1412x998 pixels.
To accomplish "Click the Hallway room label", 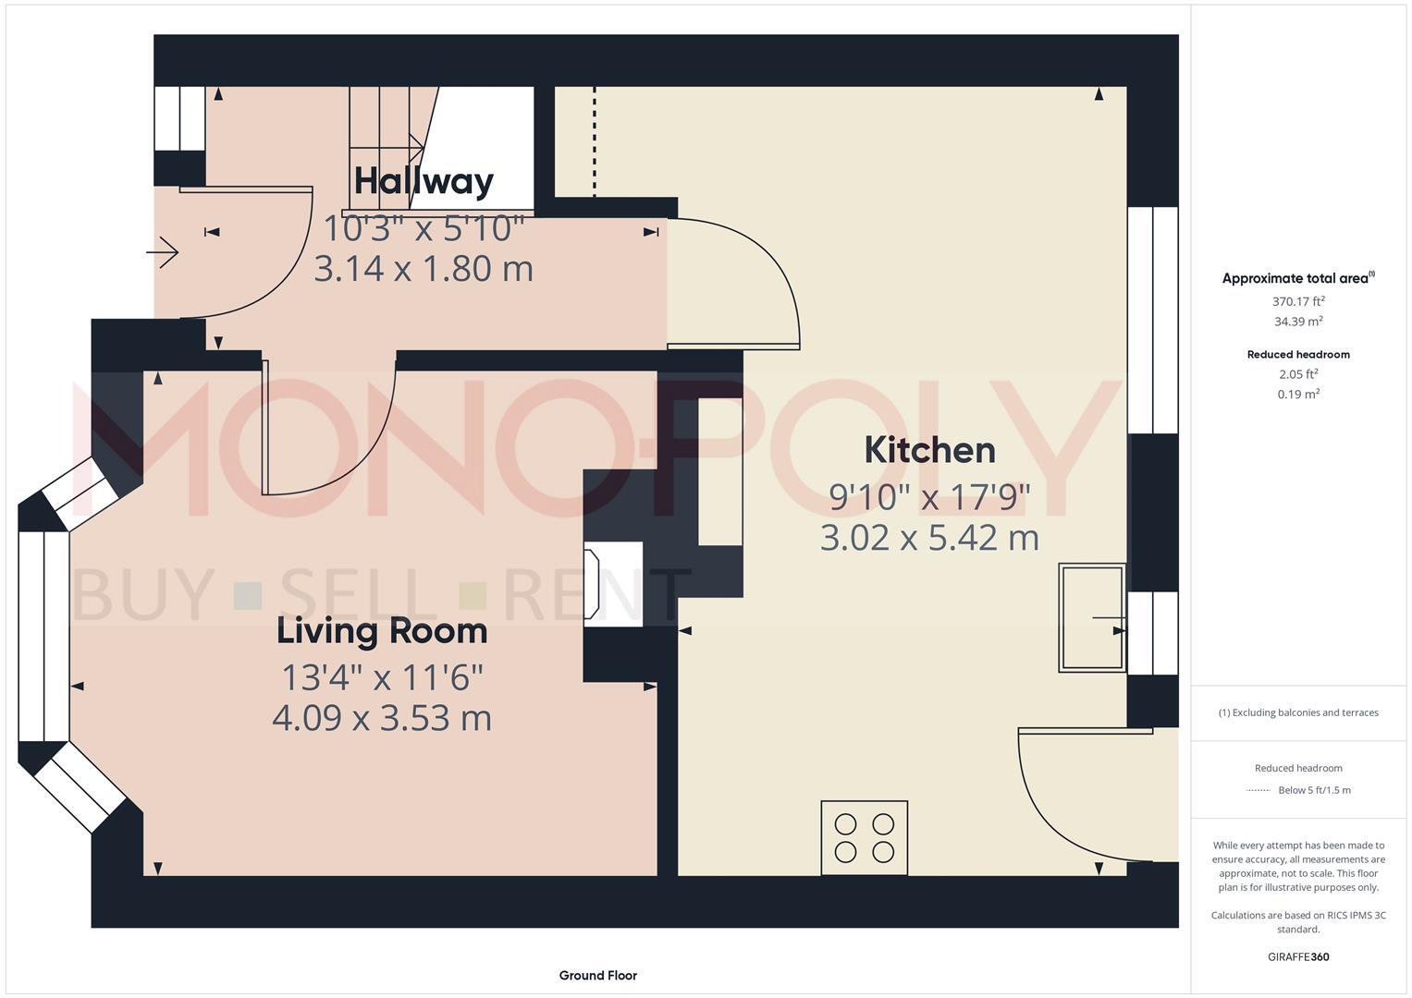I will (x=424, y=181).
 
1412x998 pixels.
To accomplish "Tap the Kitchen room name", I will (x=929, y=450).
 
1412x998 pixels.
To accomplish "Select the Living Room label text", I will (x=382, y=631).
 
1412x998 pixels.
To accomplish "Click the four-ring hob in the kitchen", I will (x=864, y=837).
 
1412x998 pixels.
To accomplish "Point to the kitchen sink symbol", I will (x=1092, y=617).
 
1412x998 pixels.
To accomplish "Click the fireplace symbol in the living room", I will (x=612, y=585).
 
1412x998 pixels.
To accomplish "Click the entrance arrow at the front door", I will (x=163, y=251).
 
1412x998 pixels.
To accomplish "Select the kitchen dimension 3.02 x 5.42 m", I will (x=929, y=537).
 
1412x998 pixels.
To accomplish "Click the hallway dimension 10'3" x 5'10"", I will (x=424, y=227).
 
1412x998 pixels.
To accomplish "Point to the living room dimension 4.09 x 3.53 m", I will (x=382, y=718).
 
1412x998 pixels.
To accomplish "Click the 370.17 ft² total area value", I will (x=1298, y=301).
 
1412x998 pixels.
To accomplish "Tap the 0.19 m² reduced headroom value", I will (x=1298, y=394).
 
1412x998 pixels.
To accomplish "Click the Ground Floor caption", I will (x=597, y=975).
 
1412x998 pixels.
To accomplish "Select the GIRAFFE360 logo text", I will (x=1298, y=956).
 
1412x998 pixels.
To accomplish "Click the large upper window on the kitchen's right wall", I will (x=1153, y=320).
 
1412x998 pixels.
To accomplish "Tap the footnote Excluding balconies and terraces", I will (x=1298, y=712).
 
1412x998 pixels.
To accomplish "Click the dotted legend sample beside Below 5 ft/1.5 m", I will (x=1259, y=790).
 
